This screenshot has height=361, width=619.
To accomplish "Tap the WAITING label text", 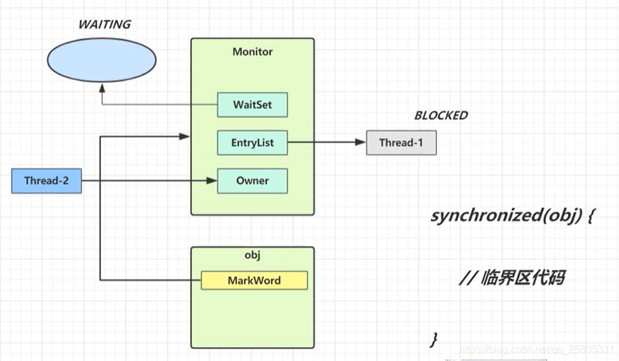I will pos(104,25).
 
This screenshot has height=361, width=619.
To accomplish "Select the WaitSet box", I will pos(253,105).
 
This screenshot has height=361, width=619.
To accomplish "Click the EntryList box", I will pos(253,143).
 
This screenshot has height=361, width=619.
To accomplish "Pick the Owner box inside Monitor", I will pos(253,181).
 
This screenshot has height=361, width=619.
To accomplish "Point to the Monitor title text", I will pos(253,52).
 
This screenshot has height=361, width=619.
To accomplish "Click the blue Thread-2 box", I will pos(46,181).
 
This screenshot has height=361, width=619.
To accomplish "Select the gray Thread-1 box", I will pos(401,143).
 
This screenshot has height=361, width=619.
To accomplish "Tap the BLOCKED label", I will pos(441,116).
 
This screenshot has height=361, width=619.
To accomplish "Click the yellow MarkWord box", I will pos(254,280).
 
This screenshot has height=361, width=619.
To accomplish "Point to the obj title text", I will pos(253,255).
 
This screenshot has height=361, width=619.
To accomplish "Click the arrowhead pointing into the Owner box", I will pos(212,181).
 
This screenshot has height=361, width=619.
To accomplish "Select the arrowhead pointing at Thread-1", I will pos(361,143).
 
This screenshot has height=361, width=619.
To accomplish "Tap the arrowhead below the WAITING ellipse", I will pos(102,90).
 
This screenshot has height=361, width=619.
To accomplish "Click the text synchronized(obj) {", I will pos(511,215).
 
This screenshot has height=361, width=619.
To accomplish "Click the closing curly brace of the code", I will pos(434,339).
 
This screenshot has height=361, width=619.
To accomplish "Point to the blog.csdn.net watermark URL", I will pos(538,350).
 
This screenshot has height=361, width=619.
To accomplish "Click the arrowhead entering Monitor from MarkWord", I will pos(186,136).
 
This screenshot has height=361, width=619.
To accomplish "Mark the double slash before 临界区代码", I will pos(466,278).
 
